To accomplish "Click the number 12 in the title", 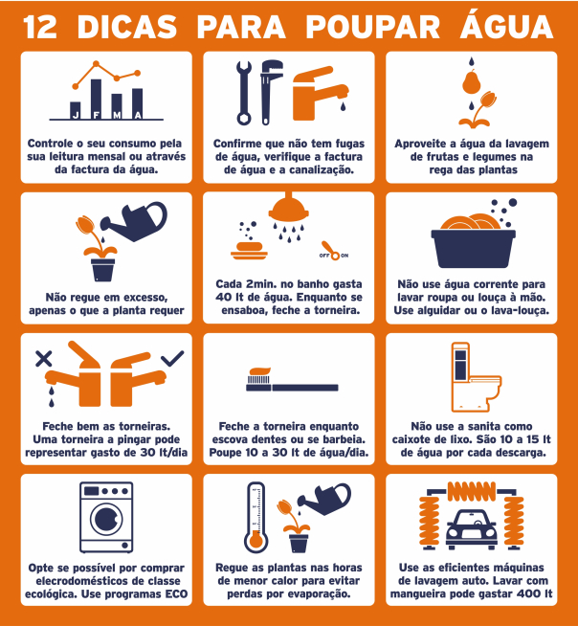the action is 40,28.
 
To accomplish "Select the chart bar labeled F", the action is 96,99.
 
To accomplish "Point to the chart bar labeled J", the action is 75,110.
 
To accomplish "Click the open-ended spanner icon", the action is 244,93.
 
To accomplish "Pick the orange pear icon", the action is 472,81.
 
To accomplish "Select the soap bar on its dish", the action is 249,251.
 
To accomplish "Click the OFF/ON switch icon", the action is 333,251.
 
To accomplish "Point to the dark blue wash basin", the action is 473,248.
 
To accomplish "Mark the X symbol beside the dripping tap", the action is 43,359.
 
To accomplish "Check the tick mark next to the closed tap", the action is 172,358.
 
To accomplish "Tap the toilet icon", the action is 476,377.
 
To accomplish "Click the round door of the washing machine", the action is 106,519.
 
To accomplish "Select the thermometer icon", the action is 256,518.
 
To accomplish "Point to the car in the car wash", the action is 472,529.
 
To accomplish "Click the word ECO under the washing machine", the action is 176,594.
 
